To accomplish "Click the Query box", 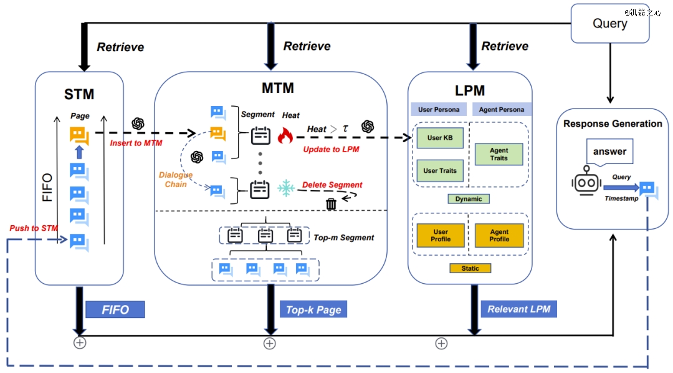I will coord(609,24).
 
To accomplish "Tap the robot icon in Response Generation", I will coord(586,182).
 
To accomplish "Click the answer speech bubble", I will coord(609,152).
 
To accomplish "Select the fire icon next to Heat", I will coord(285,134).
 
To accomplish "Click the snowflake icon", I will coord(286,187).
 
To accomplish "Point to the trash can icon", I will coord(331,203).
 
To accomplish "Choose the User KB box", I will coord(439,138).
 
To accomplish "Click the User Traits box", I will coord(439,170).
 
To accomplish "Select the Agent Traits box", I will coord(499,154).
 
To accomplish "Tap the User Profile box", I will coord(440,235).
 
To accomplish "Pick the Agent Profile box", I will coord(499,235).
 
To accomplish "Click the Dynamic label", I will coord(469,199).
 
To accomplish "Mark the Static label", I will coord(470,268).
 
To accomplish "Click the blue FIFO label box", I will coord(115,309).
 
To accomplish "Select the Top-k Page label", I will coord(313,309).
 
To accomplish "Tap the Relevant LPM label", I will coord(518,309).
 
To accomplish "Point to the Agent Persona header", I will coord(501,109).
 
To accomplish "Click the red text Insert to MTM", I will coord(136,144).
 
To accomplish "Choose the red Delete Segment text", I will coord(332,185).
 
